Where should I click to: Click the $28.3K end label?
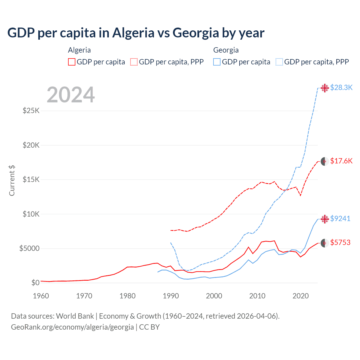tap(341, 87)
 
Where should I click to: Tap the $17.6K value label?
tap(341, 161)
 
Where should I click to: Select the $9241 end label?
tap(340, 219)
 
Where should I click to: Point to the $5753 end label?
tap(340, 242)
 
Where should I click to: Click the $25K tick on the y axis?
tap(31, 111)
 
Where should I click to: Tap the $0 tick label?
tap(35, 283)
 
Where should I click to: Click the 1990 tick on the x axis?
tap(171, 296)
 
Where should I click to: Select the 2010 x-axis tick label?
tap(257, 296)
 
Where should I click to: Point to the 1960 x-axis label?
tap(41, 296)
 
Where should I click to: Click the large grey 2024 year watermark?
tap(71, 95)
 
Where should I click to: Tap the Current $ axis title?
tap(12, 180)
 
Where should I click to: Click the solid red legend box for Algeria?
tap(72, 62)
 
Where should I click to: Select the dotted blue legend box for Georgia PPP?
tap(279, 62)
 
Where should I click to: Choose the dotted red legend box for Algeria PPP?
tap(134, 62)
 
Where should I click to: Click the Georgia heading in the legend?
tap(226, 50)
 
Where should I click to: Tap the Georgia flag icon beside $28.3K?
tap(325, 88)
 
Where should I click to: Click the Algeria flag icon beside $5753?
tap(325, 243)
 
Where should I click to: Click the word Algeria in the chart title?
tap(133, 33)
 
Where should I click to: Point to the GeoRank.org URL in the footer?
tap(72, 327)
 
